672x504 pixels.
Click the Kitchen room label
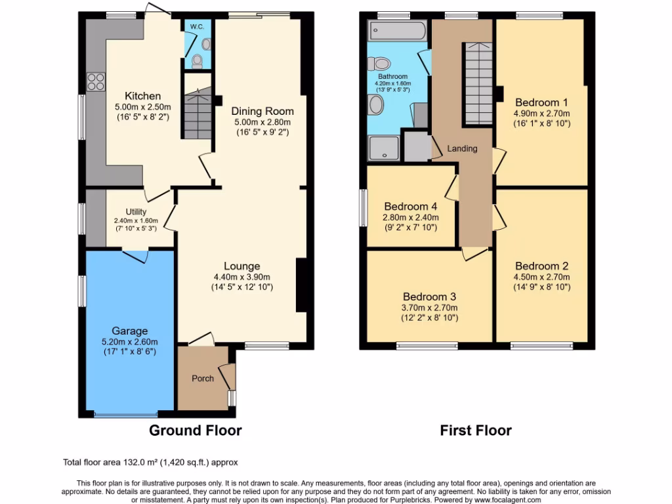coord(142,96)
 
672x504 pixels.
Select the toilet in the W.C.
coord(197,60)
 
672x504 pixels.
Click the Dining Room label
coord(262,111)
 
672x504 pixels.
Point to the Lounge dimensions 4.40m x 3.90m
coord(242,277)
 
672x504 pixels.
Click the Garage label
coord(129,331)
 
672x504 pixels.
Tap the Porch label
coord(203,379)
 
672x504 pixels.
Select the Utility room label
coord(136,212)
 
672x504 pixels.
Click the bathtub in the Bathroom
coord(398,30)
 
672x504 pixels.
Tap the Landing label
coord(462,148)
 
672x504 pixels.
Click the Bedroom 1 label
coord(541,102)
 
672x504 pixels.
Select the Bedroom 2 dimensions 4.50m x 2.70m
coord(541,277)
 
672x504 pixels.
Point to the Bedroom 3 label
coord(429,296)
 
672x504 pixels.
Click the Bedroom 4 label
coord(411,205)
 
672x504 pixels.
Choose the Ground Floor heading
coord(196,430)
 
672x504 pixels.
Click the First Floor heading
coord(476,430)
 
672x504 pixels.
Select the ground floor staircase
coord(198,115)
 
